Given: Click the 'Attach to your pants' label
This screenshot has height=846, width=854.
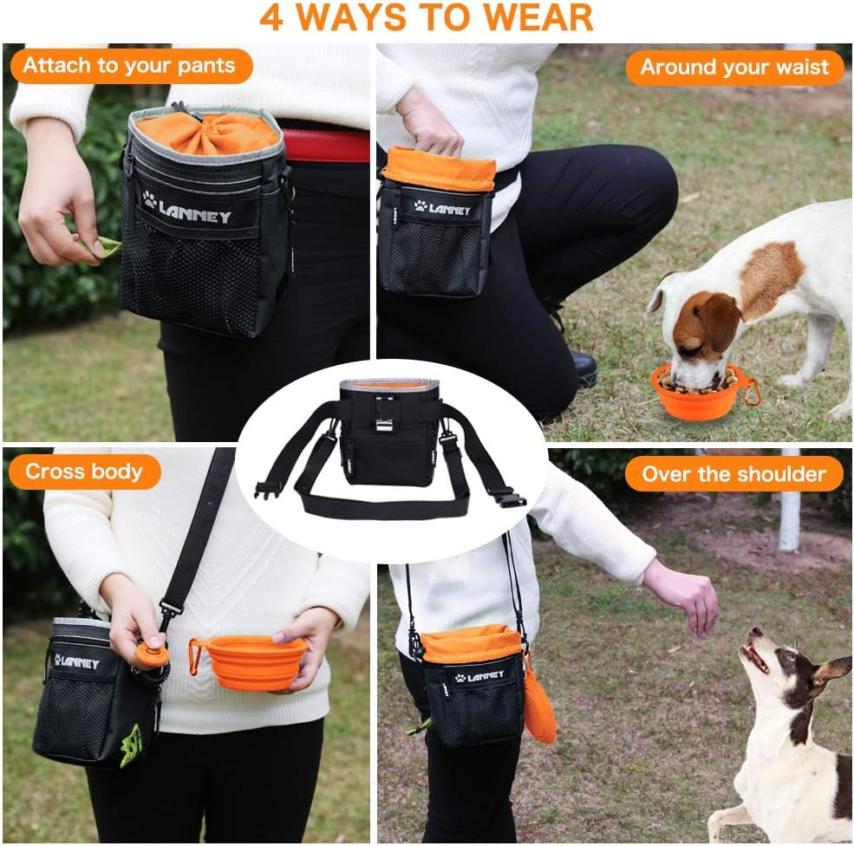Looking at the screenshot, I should coord(128,66).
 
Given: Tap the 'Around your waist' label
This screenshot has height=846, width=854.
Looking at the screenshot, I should coord(734,68).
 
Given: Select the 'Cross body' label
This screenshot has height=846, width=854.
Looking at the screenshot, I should coord(84,472).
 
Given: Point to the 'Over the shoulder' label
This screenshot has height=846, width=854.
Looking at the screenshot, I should coord(733,474).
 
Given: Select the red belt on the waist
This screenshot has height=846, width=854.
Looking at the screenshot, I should coord(325,146).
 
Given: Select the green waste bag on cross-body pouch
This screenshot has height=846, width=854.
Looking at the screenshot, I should coord(131,744).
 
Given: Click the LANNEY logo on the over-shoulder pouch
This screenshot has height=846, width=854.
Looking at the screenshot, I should coord(479,675).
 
